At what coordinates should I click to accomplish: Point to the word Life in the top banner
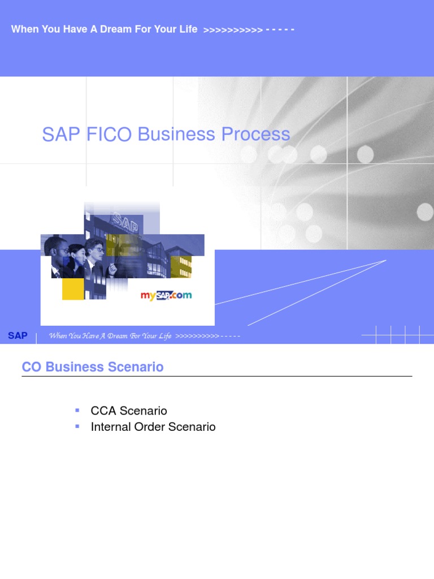tap(188, 29)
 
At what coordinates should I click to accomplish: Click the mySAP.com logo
tap(166, 295)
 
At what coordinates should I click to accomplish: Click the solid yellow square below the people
tap(73, 288)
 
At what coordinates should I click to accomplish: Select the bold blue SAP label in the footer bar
tap(18, 336)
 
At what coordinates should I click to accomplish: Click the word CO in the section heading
tap(32, 367)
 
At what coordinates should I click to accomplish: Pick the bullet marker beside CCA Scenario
tap(77, 409)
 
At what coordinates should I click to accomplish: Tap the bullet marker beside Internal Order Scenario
tap(77, 426)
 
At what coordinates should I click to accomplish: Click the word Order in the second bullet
tap(149, 427)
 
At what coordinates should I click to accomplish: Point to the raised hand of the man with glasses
tap(112, 269)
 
